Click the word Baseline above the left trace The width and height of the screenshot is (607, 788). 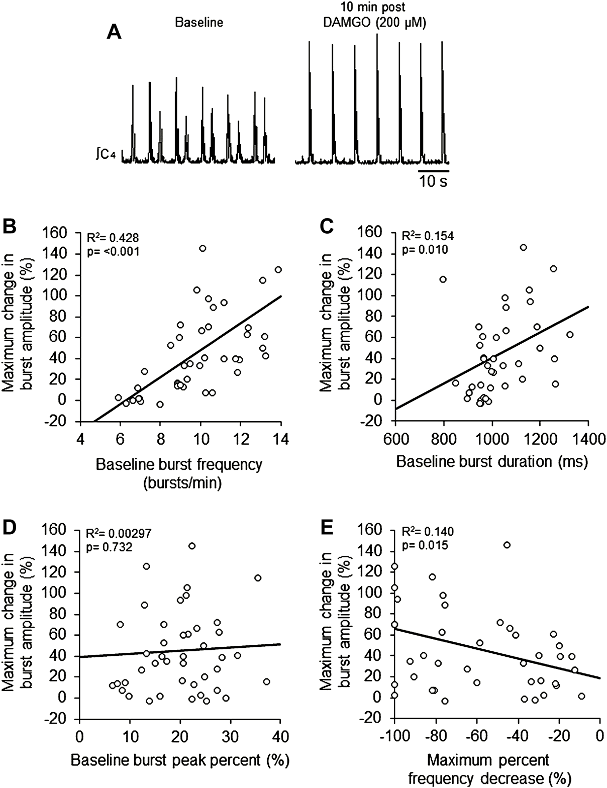click(x=199, y=23)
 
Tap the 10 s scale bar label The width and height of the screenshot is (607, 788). click(x=433, y=181)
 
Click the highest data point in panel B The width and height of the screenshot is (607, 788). click(x=203, y=248)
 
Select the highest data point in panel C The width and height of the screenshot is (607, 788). click(x=523, y=247)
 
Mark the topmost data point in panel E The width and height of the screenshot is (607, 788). click(x=507, y=545)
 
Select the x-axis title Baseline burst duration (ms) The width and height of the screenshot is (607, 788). click(x=492, y=461)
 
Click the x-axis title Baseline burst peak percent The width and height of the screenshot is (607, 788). click(x=180, y=760)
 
